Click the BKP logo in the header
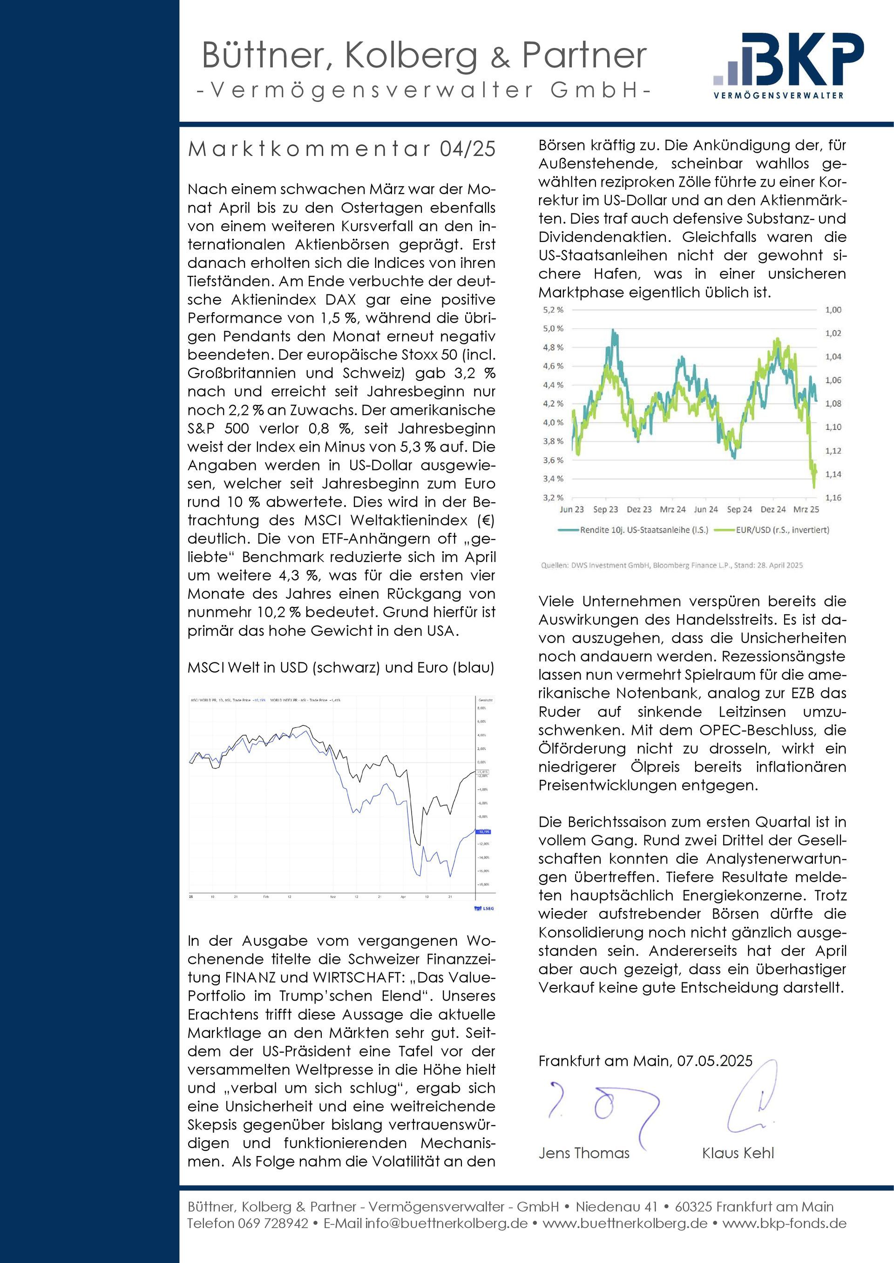point(788,65)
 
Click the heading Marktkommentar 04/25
point(341,149)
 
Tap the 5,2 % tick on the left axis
point(553,310)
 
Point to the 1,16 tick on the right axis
point(833,498)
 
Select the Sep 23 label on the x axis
point(605,509)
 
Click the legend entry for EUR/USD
point(782,530)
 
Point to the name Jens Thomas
point(583,1153)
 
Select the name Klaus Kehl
point(738,1153)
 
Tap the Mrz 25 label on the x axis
point(806,509)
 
